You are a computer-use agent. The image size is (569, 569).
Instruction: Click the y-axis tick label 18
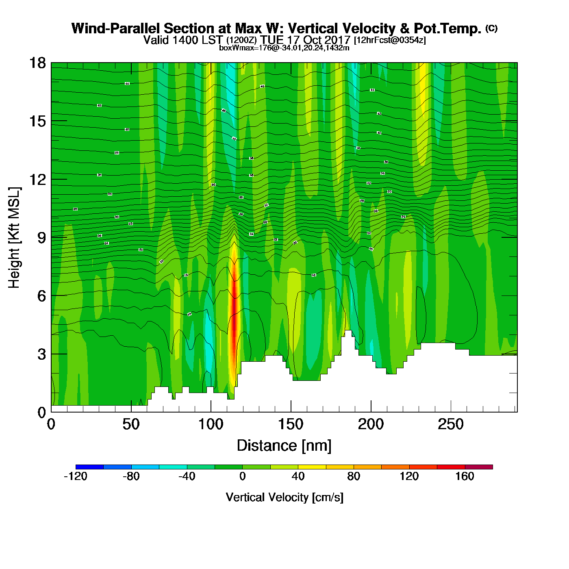[x=37, y=63]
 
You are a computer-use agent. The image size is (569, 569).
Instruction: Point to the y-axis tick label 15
[x=37, y=121]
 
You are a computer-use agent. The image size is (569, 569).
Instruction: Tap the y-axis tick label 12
[x=37, y=179]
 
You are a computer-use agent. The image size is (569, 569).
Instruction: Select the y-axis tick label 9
[x=41, y=238]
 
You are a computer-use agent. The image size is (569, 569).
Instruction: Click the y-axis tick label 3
[x=41, y=354]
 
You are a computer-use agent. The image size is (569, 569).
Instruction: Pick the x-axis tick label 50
[x=131, y=424]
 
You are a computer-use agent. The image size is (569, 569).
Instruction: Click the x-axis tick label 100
[x=211, y=424]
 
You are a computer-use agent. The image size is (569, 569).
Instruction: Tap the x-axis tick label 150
[x=291, y=424]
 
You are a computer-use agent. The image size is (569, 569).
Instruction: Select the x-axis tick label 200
[x=371, y=424]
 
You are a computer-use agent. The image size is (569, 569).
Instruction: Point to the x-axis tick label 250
[x=450, y=424]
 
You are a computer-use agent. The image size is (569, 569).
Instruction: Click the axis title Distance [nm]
[x=284, y=445]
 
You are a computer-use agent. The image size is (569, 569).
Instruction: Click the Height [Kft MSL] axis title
[x=14, y=238]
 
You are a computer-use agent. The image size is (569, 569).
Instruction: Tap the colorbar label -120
[x=76, y=476]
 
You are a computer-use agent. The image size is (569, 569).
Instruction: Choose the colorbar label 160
[x=465, y=476]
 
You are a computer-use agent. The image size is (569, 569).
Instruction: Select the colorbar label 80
[x=354, y=476]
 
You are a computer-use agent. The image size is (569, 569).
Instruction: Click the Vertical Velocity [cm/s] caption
[x=284, y=497]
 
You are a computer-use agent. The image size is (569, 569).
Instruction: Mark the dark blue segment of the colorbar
[x=89, y=467]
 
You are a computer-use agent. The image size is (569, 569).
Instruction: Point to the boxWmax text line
[x=284, y=48]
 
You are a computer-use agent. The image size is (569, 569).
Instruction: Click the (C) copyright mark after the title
[x=491, y=28]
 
